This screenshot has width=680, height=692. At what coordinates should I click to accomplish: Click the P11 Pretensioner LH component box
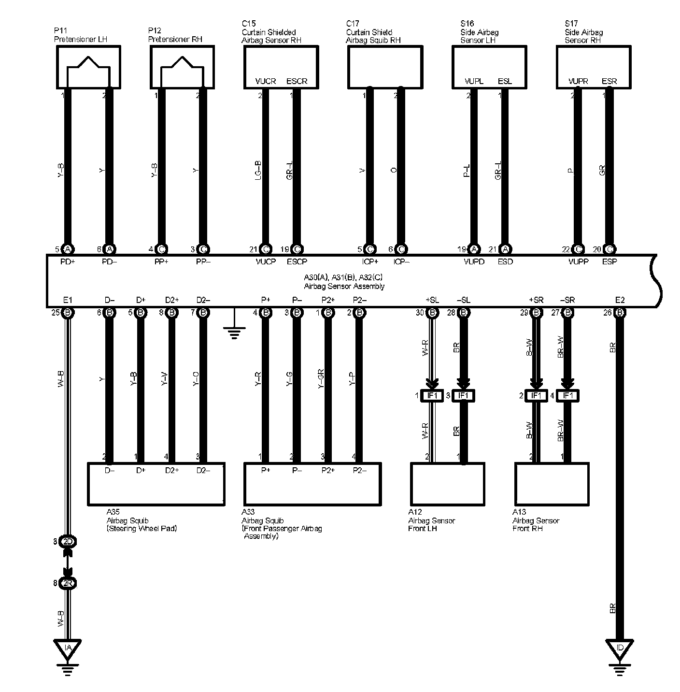pyautogui.click(x=87, y=67)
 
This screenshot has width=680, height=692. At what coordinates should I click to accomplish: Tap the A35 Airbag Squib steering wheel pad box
pyautogui.click(x=156, y=484)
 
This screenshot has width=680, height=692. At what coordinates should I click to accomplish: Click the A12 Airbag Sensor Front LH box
pyautogui.click(x=447, y=484)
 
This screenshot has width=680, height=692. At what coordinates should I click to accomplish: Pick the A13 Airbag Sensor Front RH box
pyautogui.click(x=552, y=484)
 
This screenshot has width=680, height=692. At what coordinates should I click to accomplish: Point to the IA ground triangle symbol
pyautogui.click(x=68, y=648)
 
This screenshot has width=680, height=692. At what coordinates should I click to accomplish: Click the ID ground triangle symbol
pyautogui.click(x=620, y=648)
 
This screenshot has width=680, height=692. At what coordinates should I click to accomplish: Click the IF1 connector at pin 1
pyautogui.click(x=432, y=396)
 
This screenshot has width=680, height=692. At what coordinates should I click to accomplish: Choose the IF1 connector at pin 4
pyautogui.click(x=568, y=396)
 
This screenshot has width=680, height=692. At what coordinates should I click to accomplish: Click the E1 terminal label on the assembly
pyautogui.click(x=68, y=300)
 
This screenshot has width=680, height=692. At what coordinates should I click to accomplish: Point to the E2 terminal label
pyautogui.click(x=620, y=300)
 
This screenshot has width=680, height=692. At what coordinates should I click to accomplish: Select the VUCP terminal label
pyautogui.click(x=265, y=262)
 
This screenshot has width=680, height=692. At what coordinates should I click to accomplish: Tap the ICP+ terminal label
pyautogui.click(x=369, y=262)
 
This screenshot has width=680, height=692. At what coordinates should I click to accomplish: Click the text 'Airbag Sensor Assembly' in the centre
pyautogui.click(x=344, y=286)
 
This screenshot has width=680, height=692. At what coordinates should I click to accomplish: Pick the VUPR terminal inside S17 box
pyautogui.click(x=578, y=81)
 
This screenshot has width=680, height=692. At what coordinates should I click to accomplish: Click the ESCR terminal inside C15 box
pyautogui.click(x=297, y=81)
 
